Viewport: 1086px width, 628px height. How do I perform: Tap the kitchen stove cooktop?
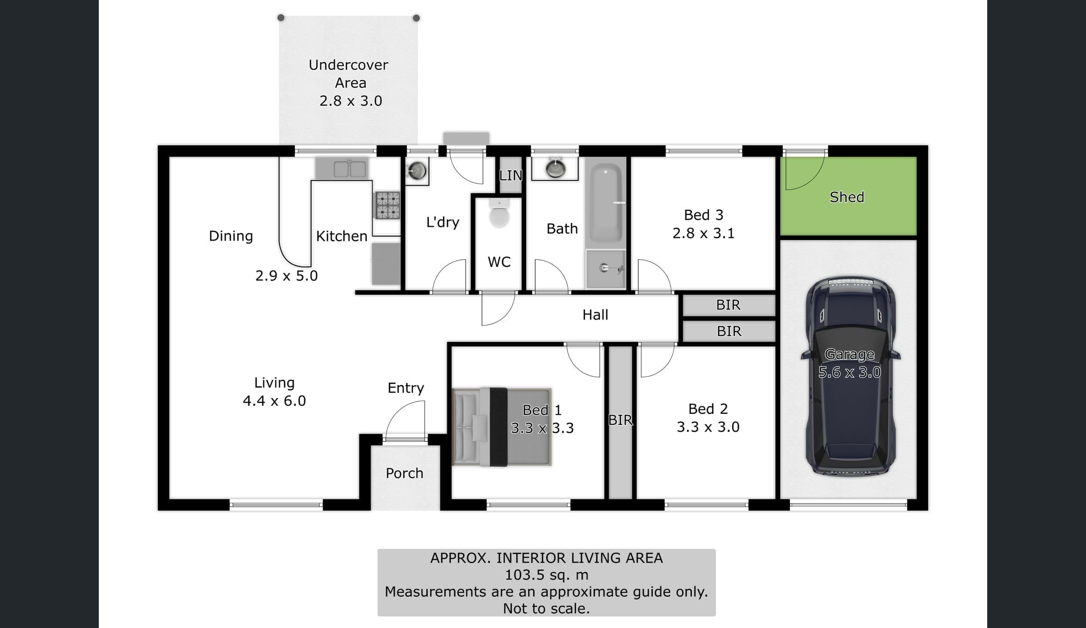click(387, 205)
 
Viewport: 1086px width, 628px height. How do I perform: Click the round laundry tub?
click(417, 171)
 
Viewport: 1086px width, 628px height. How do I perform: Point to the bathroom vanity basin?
click(555, 168)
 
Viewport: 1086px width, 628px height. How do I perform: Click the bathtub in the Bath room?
click(605, 203)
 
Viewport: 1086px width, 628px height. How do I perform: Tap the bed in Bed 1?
click(502, 427)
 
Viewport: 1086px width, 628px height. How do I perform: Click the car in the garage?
click(850, 377)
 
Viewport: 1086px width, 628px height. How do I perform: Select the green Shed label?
click(847, 197)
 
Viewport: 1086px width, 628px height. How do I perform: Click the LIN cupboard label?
click(511, 175)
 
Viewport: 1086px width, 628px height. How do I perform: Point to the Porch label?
click(404, 473)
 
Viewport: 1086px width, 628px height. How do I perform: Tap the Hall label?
click(595, 315)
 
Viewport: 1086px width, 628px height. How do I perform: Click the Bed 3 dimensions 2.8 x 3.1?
click(703, 233)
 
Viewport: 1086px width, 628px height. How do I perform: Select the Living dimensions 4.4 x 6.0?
click(274, 401)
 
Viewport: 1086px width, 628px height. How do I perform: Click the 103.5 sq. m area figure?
click(547, 575)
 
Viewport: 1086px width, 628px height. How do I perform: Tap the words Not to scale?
click(546, 609)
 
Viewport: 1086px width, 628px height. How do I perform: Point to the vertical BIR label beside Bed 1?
click(620, 420)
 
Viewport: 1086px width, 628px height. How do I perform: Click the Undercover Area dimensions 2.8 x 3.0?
click(351, 101)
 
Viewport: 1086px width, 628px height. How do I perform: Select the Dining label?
click(231, 236)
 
